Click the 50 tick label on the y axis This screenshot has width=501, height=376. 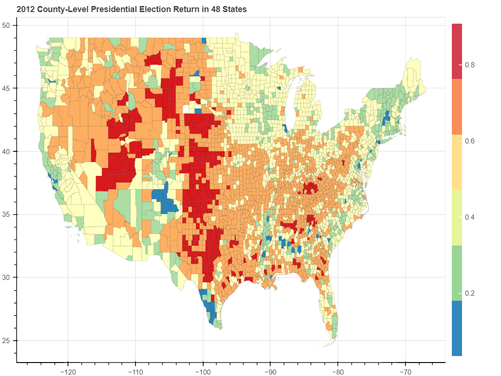[x=9, y=26]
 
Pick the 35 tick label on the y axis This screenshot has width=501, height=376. [x=9, y=214]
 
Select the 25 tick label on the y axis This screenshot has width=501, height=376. [x=9, y=340]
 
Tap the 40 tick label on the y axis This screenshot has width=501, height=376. [x=9, y=151]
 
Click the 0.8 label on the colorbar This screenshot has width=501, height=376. [x=469, y=65]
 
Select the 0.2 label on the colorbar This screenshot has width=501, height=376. [x=469, y=293]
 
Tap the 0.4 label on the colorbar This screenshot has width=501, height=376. [x=469, y=217]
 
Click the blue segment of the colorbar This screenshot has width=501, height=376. [x=457, y=328]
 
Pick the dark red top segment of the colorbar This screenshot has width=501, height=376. [x=457, y=51]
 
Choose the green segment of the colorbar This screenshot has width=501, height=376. [x=457, y=273]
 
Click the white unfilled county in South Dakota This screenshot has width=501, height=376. [x=187, y=109]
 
